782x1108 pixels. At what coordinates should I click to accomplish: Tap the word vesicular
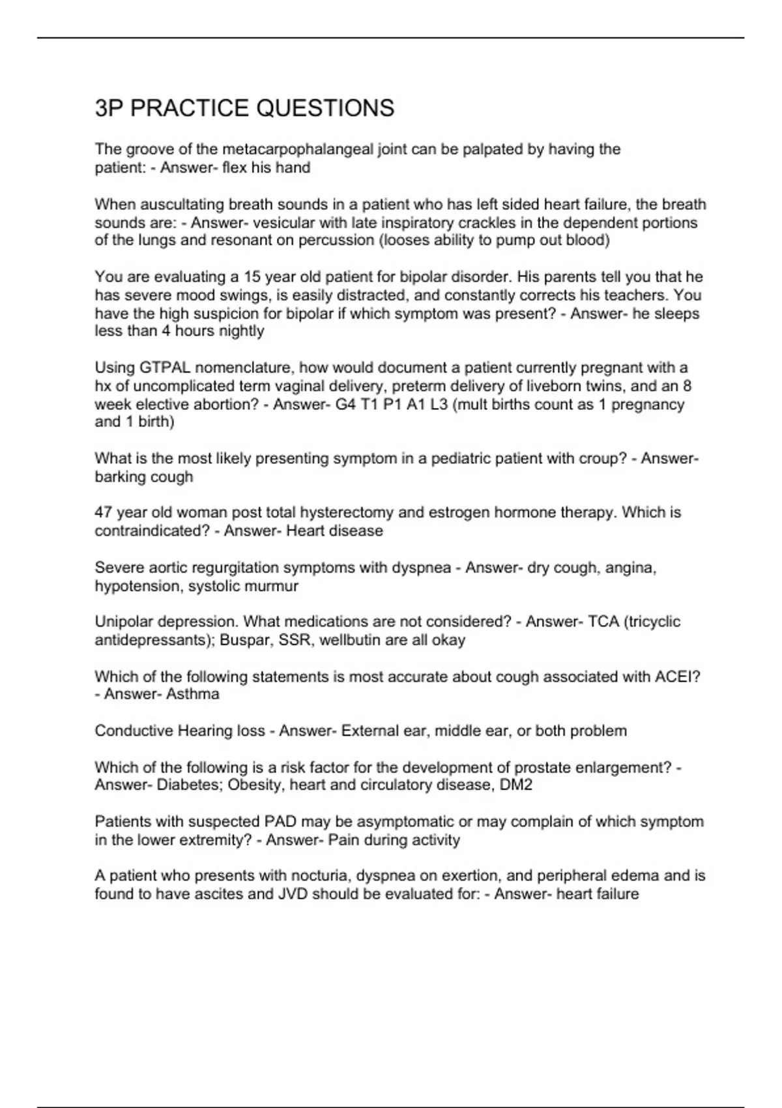tap(283, 223)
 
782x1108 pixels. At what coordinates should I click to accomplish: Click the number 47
tap(103, 512)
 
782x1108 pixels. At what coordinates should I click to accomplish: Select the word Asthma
tap(192, 694)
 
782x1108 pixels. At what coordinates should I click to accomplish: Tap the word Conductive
tap(134, 731)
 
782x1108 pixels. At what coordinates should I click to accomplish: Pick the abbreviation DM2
tap(515, 785)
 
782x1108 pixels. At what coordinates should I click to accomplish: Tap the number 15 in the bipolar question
tap(252, 277)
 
